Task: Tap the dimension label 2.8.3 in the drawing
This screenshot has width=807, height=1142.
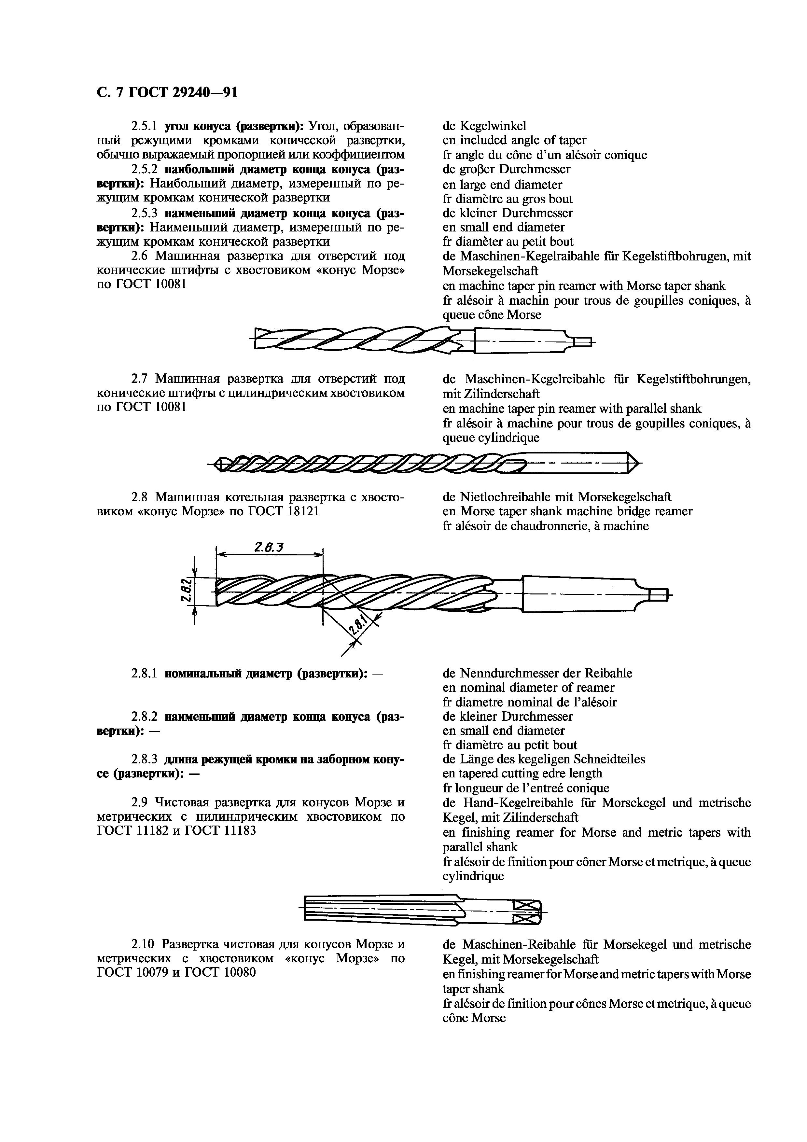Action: (x=269, y=548)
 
